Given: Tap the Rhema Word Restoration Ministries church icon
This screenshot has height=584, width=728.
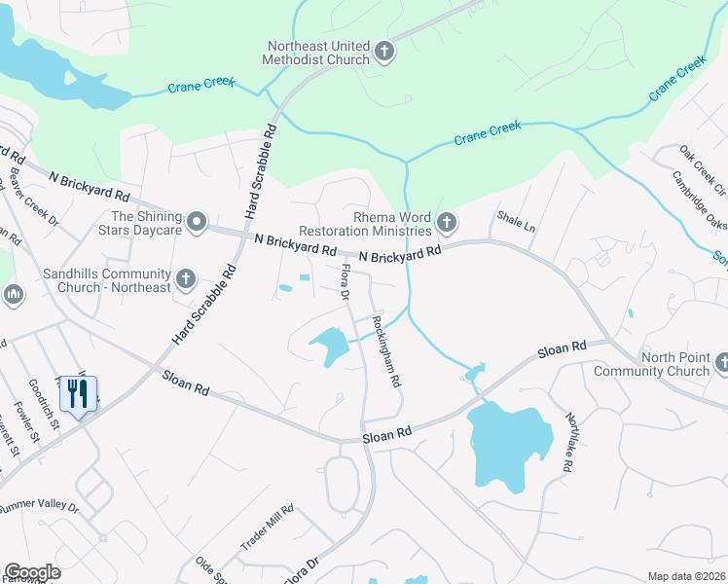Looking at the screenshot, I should click(x=447, y=224).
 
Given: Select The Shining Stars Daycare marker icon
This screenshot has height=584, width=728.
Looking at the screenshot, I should click(x=198, y=224).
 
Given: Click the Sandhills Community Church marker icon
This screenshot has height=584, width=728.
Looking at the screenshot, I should click(x=186, y=280).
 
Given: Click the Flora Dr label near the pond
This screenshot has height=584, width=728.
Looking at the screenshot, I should click(x=344, y=281).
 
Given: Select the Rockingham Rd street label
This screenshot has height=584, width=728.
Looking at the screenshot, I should click(x=386, y=351).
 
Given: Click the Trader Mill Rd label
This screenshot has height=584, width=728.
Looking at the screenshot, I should click(x=267, y=526).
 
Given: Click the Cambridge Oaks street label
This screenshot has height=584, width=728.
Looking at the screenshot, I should click(x=698, y=201).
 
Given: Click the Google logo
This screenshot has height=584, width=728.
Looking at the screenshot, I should click(x=31, y=572).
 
